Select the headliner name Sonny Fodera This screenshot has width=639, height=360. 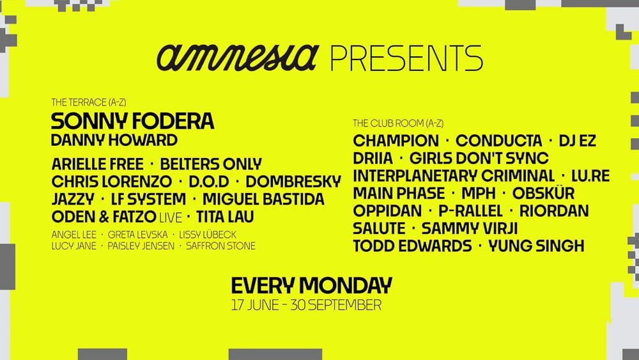(132, 121)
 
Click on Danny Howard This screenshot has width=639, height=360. (114, 139)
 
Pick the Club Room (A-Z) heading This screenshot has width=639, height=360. (397, 123)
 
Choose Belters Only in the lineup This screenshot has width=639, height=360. (211, 164)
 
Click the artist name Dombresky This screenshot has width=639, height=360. (293, 182)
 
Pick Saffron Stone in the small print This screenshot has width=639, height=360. (220, 246)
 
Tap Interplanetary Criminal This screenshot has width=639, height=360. (454, 176)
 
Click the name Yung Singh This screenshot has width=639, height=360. (535, 245)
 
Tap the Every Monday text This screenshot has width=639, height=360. (311, 285)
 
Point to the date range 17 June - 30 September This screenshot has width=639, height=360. (306, 304)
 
